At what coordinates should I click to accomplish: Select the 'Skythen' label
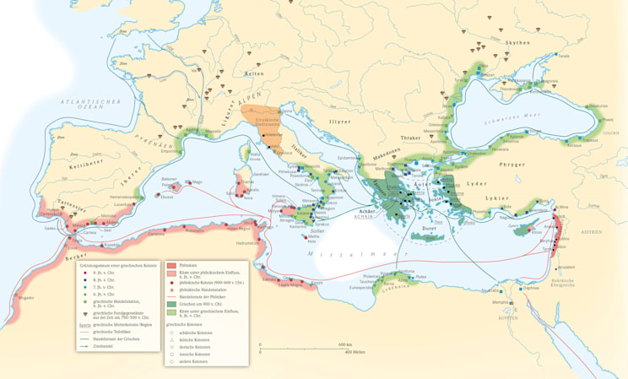(x=517, y=42)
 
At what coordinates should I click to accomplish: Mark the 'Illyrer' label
(x=340, y=121)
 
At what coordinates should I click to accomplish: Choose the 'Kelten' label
(x=253, y=73)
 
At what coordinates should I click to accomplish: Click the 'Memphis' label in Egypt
(x=501, y=301)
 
